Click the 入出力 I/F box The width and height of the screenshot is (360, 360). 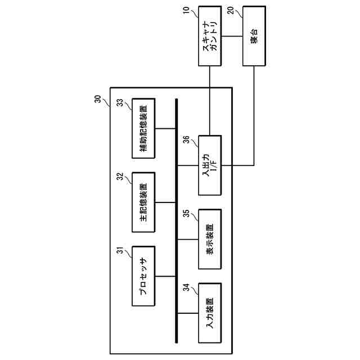(209, 165)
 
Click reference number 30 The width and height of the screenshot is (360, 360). (97, 98)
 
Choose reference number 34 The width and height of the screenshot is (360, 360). (186, 288)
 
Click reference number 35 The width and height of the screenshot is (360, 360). (186, 214)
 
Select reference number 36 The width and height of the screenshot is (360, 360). (186, 139)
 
